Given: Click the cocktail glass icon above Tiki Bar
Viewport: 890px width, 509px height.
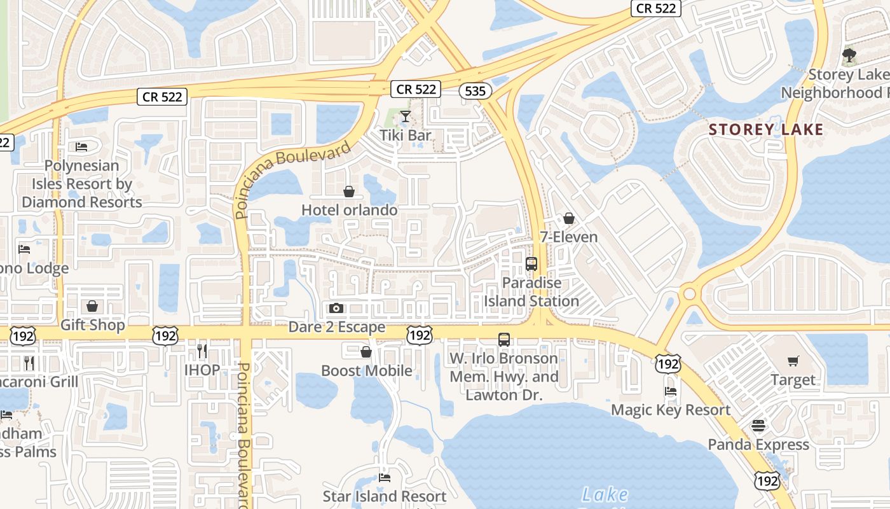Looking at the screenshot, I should click(x=405, y=116).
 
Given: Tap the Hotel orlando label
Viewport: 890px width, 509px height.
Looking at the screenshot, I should click(x=349, y=210).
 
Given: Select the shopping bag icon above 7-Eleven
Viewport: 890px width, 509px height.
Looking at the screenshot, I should click(x=569, y=218).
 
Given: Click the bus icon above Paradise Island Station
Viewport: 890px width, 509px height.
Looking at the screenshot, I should click(x=531, y=264).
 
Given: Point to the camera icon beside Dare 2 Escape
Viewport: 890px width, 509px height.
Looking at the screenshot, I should click(x=336, y=309).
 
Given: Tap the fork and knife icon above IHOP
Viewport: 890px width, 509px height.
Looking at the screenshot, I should click(x=202, y=351).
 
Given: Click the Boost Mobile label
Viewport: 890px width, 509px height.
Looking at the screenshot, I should click(x=366, y=370).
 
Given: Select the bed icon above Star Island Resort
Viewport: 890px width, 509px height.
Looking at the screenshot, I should click(x=385, y=477).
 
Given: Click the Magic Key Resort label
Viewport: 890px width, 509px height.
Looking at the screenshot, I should click(x=671, y=410).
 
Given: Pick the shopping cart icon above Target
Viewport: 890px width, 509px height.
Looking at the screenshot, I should click(x=793, y=361).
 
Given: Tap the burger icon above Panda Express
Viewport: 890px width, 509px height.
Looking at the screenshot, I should click(x=758, y=426).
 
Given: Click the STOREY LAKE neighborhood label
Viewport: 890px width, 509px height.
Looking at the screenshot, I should click(x=766, y=130).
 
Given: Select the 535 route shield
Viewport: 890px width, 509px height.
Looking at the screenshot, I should click(x=476, y=91).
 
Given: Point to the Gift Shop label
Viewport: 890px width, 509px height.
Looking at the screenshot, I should click(x=93, y=324).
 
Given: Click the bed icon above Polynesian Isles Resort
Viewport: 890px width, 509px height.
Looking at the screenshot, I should click(x=81, y=147).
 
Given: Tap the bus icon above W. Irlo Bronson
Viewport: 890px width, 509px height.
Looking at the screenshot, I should click(x=504, y=340).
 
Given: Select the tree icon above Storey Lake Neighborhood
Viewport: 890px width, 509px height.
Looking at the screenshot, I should click(x=849, y=55).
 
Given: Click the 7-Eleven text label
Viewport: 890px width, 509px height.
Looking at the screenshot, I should click(x=568, y=237).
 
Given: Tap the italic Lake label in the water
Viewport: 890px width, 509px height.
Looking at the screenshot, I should click(x=605, y=494).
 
